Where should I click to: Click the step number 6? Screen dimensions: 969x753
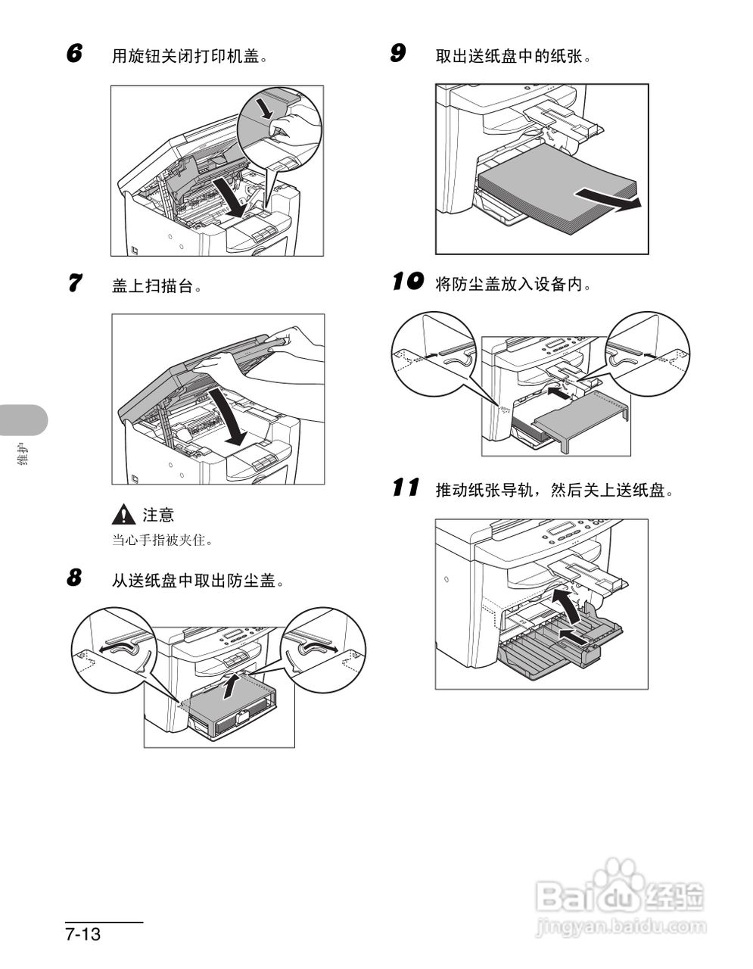[x=73, y=54]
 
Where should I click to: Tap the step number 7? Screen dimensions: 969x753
[x=73, y=284]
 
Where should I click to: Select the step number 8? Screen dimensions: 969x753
[x=73, y=579]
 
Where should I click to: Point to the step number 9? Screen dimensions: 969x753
[x=397, y=54]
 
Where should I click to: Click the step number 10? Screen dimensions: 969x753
[x=406, y=282]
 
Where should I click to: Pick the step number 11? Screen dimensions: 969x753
[x=406, y=488]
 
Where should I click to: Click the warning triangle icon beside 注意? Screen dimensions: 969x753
[x=122, y=515]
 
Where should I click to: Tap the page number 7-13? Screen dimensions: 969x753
[x=83, y=933]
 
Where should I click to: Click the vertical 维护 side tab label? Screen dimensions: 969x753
[x=23, y=457]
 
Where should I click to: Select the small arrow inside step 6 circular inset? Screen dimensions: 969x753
[x=264, y=107]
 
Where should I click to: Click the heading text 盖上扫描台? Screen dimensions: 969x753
[x=157, y=285]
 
